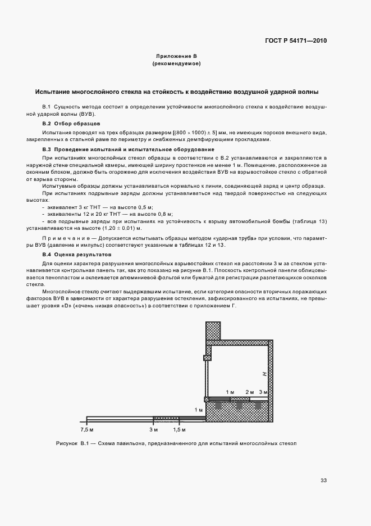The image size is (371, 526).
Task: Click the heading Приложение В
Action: pyautogui.click(x=177, y=56)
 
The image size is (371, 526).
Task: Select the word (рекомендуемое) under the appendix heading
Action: pyautogui.click(x=177, y=64)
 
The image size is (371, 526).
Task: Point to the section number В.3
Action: pyautogui.click(x=47, y=149)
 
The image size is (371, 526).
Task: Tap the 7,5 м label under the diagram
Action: pyautogui.click(x=87, y=429)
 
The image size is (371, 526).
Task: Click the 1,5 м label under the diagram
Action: pyautogui.click(x=180, y=429)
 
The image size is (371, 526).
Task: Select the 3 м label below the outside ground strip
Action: pyautogui.click(x=154, y=429)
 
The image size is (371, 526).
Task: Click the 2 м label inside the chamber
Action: pyautogui.click(x=250, y=391)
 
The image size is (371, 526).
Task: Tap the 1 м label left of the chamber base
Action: pyautogui.click(x=198, y=410)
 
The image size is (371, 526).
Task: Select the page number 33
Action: pyautogui.click(x=323, y=480)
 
